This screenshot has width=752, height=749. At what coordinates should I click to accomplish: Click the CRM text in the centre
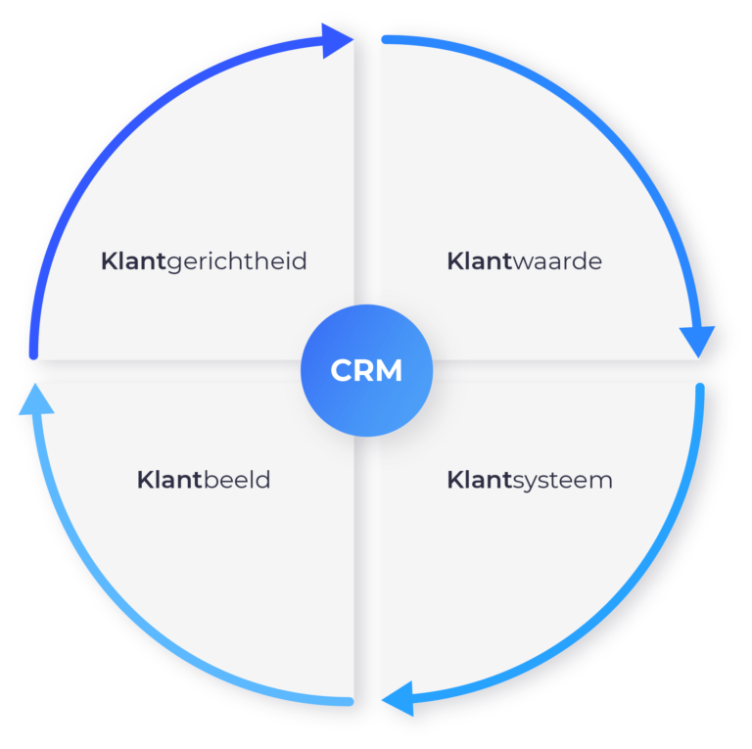tap(366, 371)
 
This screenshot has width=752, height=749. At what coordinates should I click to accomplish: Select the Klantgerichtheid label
tap(204, 261)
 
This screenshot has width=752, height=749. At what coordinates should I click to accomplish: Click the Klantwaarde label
tap(524, 261)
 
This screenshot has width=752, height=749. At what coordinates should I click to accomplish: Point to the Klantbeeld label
tap(204, 481)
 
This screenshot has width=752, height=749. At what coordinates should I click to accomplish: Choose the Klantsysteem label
tap(530, 481)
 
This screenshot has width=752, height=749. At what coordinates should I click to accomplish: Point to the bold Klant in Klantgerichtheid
tap(133, 261)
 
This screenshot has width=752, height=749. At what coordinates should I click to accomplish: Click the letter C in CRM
tap(342, 371)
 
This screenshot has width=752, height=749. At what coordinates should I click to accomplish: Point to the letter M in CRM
tap(390, 371)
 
